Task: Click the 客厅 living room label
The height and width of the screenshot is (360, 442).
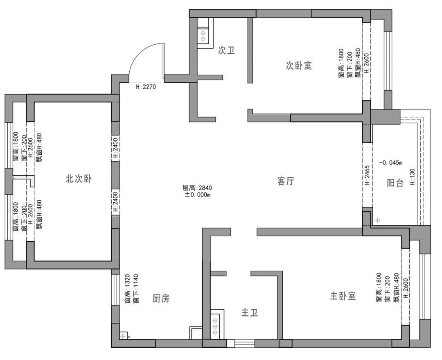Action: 286,181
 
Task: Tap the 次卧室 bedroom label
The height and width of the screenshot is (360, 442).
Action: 299,66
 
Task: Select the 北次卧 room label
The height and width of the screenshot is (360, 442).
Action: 79,179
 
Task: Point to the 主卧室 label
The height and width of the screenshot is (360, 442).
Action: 343,296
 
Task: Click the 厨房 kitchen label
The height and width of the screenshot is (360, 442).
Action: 161,298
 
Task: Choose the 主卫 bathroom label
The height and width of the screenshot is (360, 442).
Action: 250,312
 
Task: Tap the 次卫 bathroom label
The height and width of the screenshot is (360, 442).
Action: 226,50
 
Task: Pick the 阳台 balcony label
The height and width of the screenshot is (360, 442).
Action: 395,183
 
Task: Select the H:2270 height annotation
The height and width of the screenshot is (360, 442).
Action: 146,87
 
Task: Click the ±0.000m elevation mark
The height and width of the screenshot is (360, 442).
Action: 198,195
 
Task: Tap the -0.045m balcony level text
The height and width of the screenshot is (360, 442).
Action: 391,163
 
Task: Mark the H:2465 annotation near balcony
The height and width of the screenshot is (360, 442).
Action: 367,175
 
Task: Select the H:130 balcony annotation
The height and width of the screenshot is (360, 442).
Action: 413,177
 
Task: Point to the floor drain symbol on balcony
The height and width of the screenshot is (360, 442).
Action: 377,220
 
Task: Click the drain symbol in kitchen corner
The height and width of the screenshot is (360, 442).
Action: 122,336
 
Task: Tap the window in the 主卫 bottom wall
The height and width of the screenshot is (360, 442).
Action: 245,343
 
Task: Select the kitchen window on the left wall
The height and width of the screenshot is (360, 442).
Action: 115,290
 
